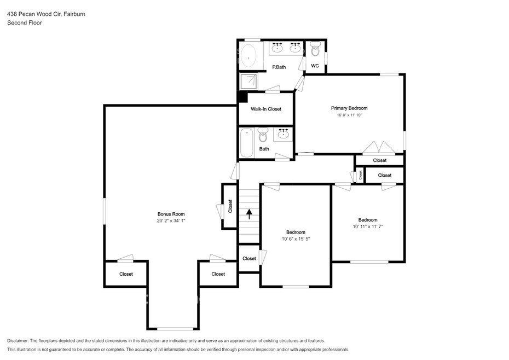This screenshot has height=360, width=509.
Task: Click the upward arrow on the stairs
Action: pyautogui.click(x=250, y=214)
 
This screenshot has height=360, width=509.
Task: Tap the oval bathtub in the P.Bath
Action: pyautogui.click(x=248, y=55)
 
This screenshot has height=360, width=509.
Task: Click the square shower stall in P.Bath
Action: pyautogui.click(x=248, y=81)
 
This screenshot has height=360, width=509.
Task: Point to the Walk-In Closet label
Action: pyautogui.click(x=266, y=109)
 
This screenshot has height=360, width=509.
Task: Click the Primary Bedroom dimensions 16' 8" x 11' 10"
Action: pyautogui.click(x=349, y=115)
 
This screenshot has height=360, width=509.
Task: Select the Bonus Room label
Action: pyautogui.click(x=171, y=214)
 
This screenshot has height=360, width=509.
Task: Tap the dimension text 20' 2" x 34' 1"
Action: pyautogui.click(x=171, y=220)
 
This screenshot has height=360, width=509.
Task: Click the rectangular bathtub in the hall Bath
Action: pyautogui.click(x=247, y=143)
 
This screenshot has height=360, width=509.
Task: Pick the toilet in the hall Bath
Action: pyautogui.click(x=263, y=135)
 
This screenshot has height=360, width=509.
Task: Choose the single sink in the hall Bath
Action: pyautogui.click(x=284, y=134)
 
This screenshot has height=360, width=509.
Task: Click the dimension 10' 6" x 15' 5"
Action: pyautogui.click(x=296, y=239)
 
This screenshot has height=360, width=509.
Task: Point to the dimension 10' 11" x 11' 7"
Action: pyautogui.click(x=368, y=227)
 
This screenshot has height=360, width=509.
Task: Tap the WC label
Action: pyautogui.click(x=315, y=66)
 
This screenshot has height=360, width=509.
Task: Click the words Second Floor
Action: pyautogui.click(x=24, y=23)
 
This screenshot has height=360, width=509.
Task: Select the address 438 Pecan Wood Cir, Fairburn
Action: pyautogui.click(x=46, y=14)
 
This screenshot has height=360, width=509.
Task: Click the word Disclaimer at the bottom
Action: pyautogui.click(x=18, y=341)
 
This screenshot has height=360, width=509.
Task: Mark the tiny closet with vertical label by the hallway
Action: pyautogui.click(x=360, y=175)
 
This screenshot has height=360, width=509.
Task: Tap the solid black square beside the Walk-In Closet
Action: pyautogui.click(x=243, y=97)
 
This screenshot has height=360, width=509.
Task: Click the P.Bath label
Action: pyautogui.click(x=279, y=67)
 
